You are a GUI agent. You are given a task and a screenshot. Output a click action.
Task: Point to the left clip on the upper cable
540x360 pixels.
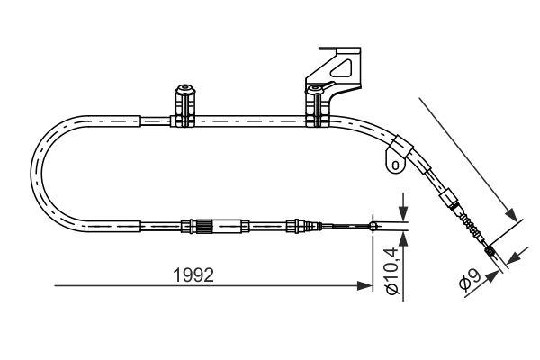pyautogui.click(x=184, y=106)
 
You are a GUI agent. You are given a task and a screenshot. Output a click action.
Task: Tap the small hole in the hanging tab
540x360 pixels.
pyautogui.click(x=392, y=164)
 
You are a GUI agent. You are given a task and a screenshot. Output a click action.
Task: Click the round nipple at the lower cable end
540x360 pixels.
pyautogui.click(x=373, y=227)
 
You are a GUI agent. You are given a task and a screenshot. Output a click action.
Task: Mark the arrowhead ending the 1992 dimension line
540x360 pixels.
pyautogui.click(x=365, y=286)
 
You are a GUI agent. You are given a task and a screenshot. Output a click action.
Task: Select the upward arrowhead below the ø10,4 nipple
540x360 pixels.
pyautogui.click(x=402, y=238)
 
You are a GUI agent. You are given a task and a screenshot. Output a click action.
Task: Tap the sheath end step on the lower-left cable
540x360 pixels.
pyautogui.click(x=140, y=226)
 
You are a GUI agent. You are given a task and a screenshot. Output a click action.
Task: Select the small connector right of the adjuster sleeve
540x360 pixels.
pyautogui.click(x=294, y=226)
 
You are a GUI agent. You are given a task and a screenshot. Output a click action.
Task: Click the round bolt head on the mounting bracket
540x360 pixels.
pyautogui.click(x=315, y=90)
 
